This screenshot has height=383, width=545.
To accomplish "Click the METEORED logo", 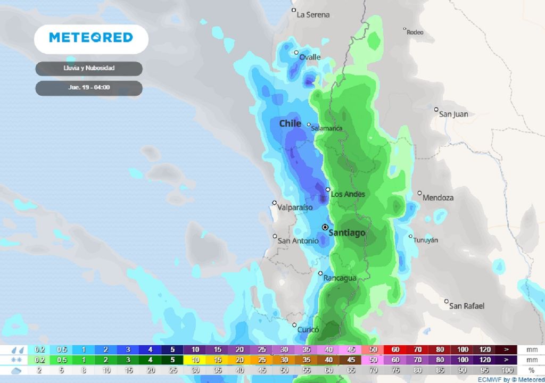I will (x=91, y=37).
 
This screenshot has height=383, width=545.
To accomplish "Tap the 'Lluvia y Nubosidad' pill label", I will (x=89, y=69).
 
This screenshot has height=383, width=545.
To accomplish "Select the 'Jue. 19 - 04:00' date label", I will (x=89, y=88).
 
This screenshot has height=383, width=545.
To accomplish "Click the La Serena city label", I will (x=313, y=14).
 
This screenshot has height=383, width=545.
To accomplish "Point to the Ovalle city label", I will (x=310, y=57).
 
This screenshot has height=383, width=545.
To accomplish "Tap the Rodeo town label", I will (x=415, y=32).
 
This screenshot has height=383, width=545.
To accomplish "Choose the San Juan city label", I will (x=453, y=113).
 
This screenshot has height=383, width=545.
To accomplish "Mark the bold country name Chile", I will (x=291, y=123).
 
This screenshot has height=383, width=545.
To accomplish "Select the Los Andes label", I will (x=348, y=194).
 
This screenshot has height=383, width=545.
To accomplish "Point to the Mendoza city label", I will (x=438, y=197).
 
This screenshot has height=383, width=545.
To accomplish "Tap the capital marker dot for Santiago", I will (x=325, y=227).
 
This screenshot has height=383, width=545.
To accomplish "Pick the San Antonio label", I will (x=298, y=241).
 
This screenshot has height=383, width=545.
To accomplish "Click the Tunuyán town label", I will (x=426, y=240).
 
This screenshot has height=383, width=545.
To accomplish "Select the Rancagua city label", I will (x=341, y=278).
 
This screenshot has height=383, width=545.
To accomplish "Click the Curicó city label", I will (x=308, y=329).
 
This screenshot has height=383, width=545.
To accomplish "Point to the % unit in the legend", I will (x=531, y=370).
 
